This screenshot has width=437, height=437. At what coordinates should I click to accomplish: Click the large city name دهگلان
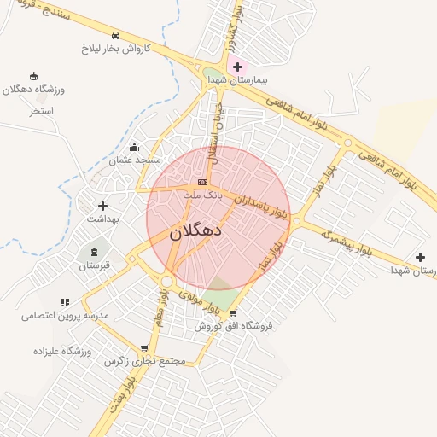tap(195, 230)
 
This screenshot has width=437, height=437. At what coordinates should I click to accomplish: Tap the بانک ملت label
tap(202, 195)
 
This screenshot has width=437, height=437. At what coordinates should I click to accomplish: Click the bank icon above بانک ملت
tap(202, 182)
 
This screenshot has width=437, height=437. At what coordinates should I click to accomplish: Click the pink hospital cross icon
tap(237, 66)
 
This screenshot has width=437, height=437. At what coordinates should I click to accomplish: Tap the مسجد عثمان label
tap(134, 160)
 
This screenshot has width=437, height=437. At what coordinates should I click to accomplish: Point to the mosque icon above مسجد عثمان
tap(134, 147)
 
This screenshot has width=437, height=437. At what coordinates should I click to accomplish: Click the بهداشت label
tap(102, 218)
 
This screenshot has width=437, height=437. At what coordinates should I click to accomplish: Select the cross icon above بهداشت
tap(102, 206)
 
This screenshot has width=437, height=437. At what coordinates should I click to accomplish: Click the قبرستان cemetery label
tap(95, 265)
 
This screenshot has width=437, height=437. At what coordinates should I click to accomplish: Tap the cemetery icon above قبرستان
tap(94, 252)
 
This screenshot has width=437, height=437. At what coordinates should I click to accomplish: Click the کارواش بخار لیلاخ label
tap(116, 49)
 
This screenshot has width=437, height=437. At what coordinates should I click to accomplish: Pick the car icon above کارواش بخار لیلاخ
tap(115, 36)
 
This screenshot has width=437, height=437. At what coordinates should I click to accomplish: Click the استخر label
tap(41, 110)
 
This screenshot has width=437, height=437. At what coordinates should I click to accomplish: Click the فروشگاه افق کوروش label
tap(232, 326)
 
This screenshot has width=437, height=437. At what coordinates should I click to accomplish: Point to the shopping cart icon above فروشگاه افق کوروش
tap(233, 313)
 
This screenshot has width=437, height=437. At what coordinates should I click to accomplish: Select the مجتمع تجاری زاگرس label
tap(144, 361)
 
